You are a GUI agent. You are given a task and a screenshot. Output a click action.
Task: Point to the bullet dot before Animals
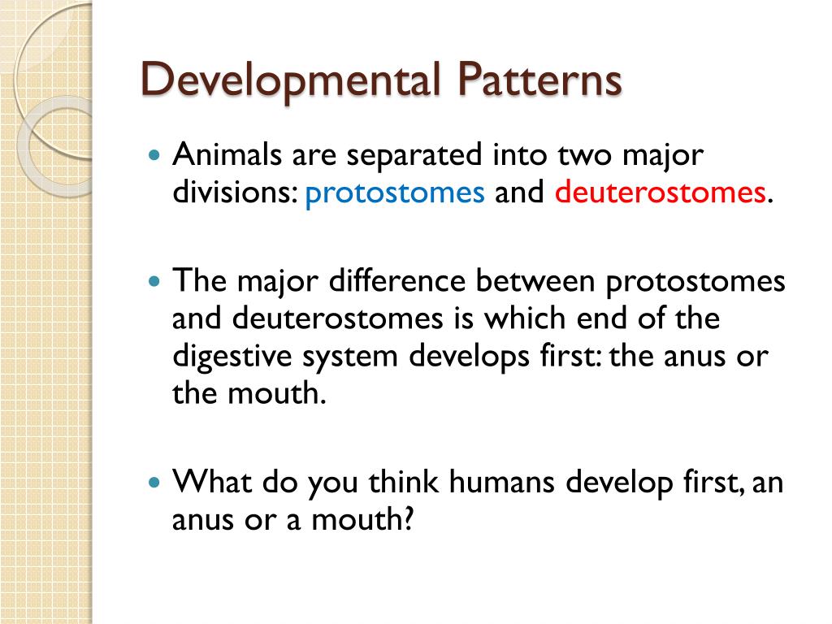click(x=156, y=154)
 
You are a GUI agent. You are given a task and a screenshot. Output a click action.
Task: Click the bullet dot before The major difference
click(x=156, y=281)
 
